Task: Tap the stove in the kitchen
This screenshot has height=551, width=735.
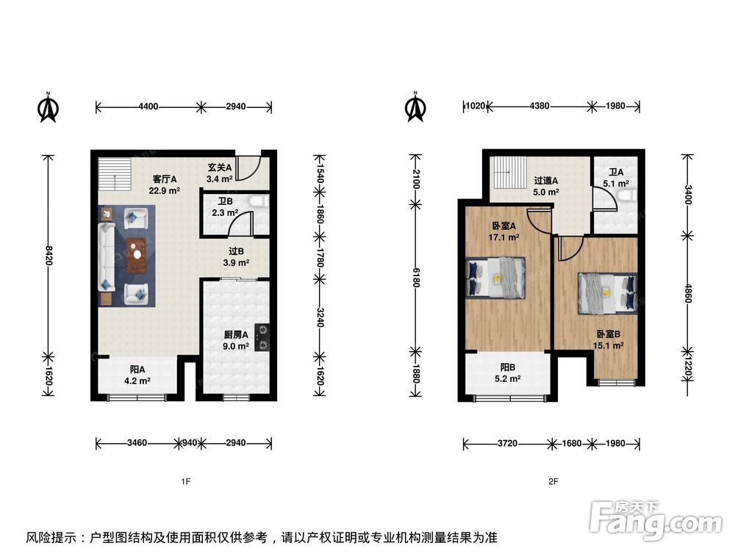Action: coord(262,338)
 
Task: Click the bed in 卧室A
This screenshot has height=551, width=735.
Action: coord(495,278)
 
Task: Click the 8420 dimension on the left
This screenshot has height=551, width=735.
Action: coord(49,255)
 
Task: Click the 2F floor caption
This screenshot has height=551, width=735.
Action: coord(553,482)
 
